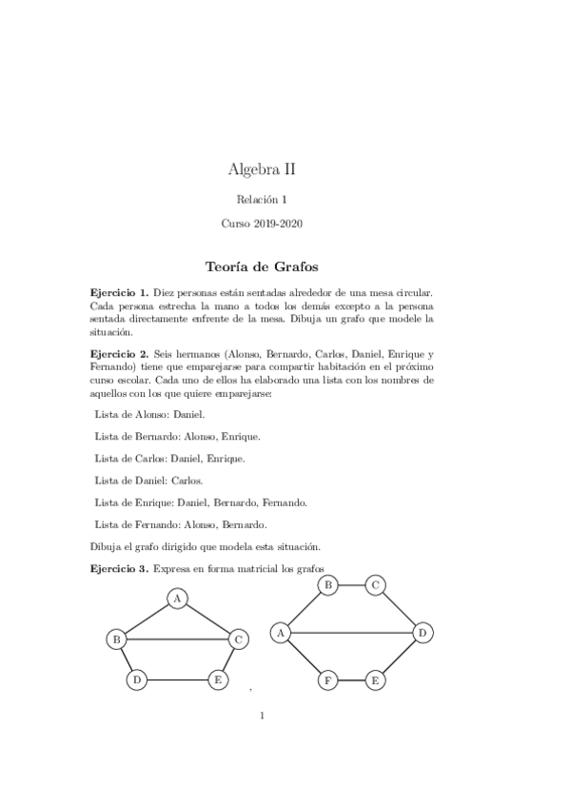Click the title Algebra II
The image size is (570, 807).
pyautogui.click(x=262, y=169)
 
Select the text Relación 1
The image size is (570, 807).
pyautogui.click(x=262, y=199)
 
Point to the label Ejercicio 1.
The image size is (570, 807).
pyautogui.click(x=119, y=294)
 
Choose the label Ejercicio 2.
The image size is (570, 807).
pyautogui.click(x=119, y=352)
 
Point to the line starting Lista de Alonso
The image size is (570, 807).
pyautogui.click(x=149, y=415)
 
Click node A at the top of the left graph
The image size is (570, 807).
pyautogui.click(x=177, y=599)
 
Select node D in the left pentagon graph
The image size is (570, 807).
pyautogui.click(x=137, y=679)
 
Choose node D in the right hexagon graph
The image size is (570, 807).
pyautogui.click(x=423, y=631)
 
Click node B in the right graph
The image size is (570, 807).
pyautogui.click(x=327, y=584)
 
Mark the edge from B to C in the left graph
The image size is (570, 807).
pyautogui.click(x=178, y=640)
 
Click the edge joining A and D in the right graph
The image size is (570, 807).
pyautogui.click(x=352, y=631)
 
